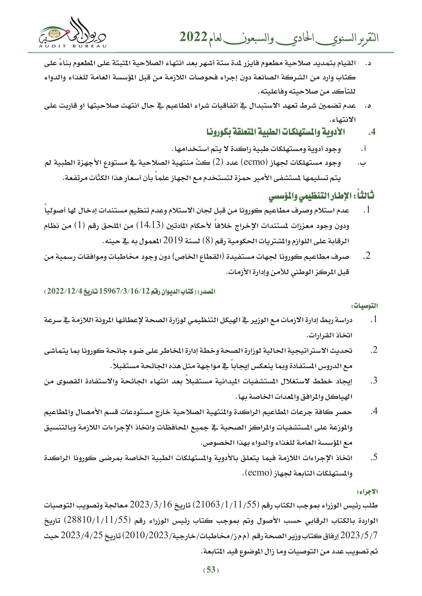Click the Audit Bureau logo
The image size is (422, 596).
(x=72, y=32)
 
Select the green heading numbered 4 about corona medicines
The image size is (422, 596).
(x=276, y=132)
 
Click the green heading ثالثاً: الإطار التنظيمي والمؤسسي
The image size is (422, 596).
(x=321, y=196)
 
